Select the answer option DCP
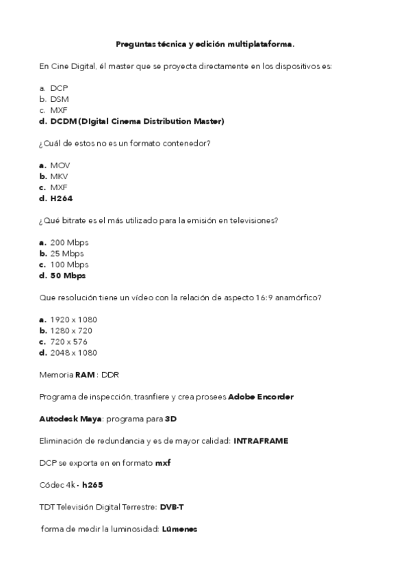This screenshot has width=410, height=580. [x=59, y=88]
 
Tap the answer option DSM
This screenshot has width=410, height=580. [x=60, y=99]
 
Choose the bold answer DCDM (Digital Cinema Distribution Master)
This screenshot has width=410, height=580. [x=137, y=121]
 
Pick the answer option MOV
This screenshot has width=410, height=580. [x=60, y=166]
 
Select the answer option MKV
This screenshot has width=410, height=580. [x=60, y=176]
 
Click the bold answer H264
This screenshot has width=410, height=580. [x=62, y=198]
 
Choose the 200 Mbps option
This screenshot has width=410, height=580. [x=69, y=243]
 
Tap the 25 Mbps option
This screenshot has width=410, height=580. [x=67, y=254]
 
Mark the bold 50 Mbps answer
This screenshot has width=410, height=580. [x=68, y=276]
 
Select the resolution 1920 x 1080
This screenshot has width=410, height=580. [x=74, y=319]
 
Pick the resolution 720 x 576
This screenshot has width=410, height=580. [x=69, y=341]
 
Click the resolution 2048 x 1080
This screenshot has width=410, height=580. [x=74, y=353]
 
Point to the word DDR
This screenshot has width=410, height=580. [x=110, y=375]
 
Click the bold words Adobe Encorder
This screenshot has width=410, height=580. [x=261, y=397]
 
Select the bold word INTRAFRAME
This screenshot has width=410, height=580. [x=261, y=441]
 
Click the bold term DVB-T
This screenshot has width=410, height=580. [x=172, y=507]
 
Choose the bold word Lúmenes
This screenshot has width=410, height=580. [x=180, y=529]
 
